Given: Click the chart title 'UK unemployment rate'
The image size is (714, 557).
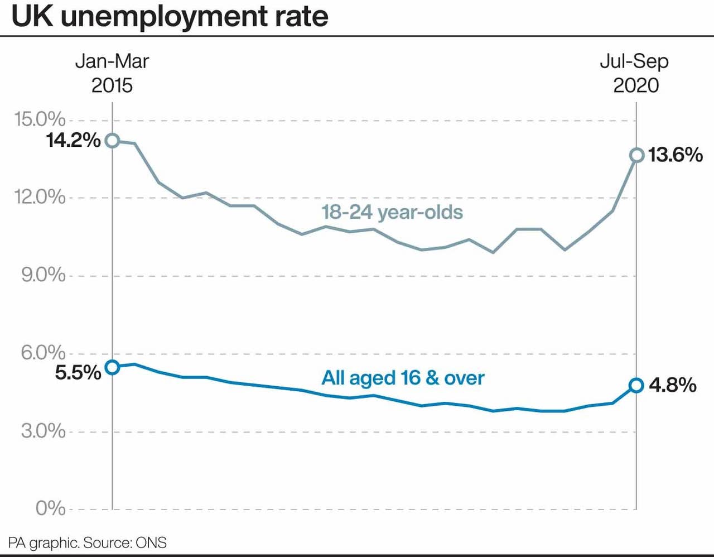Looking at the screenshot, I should pos(170,17).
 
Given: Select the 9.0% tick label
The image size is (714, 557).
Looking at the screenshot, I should pos(44,275).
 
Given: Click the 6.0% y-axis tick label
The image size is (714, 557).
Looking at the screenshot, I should pos(44,353).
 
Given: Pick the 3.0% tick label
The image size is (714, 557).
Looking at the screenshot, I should pos(44,431).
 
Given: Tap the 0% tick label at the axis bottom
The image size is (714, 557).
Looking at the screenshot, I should pos(51,508).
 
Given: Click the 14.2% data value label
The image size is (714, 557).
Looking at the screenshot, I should pos(74,140).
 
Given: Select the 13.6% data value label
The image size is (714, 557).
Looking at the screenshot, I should pos(676,155).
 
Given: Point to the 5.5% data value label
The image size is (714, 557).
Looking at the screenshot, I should pos(78,372).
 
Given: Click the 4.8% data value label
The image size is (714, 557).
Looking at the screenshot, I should pos(673,385).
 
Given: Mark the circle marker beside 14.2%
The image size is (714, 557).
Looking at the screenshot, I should pos(112,140).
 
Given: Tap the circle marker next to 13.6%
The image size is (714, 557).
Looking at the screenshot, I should pos(636,155).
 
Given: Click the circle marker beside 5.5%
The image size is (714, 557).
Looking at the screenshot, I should pos(112,367).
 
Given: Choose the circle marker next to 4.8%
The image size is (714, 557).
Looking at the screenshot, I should pos(636,385).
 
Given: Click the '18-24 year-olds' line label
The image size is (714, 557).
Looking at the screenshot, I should pos(392,212).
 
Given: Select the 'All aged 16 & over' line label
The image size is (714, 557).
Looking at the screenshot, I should pos(403,378).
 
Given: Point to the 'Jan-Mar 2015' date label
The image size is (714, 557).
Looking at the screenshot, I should pos(112,73).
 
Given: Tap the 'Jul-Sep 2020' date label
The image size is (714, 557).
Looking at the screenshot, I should pos(635,73).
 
